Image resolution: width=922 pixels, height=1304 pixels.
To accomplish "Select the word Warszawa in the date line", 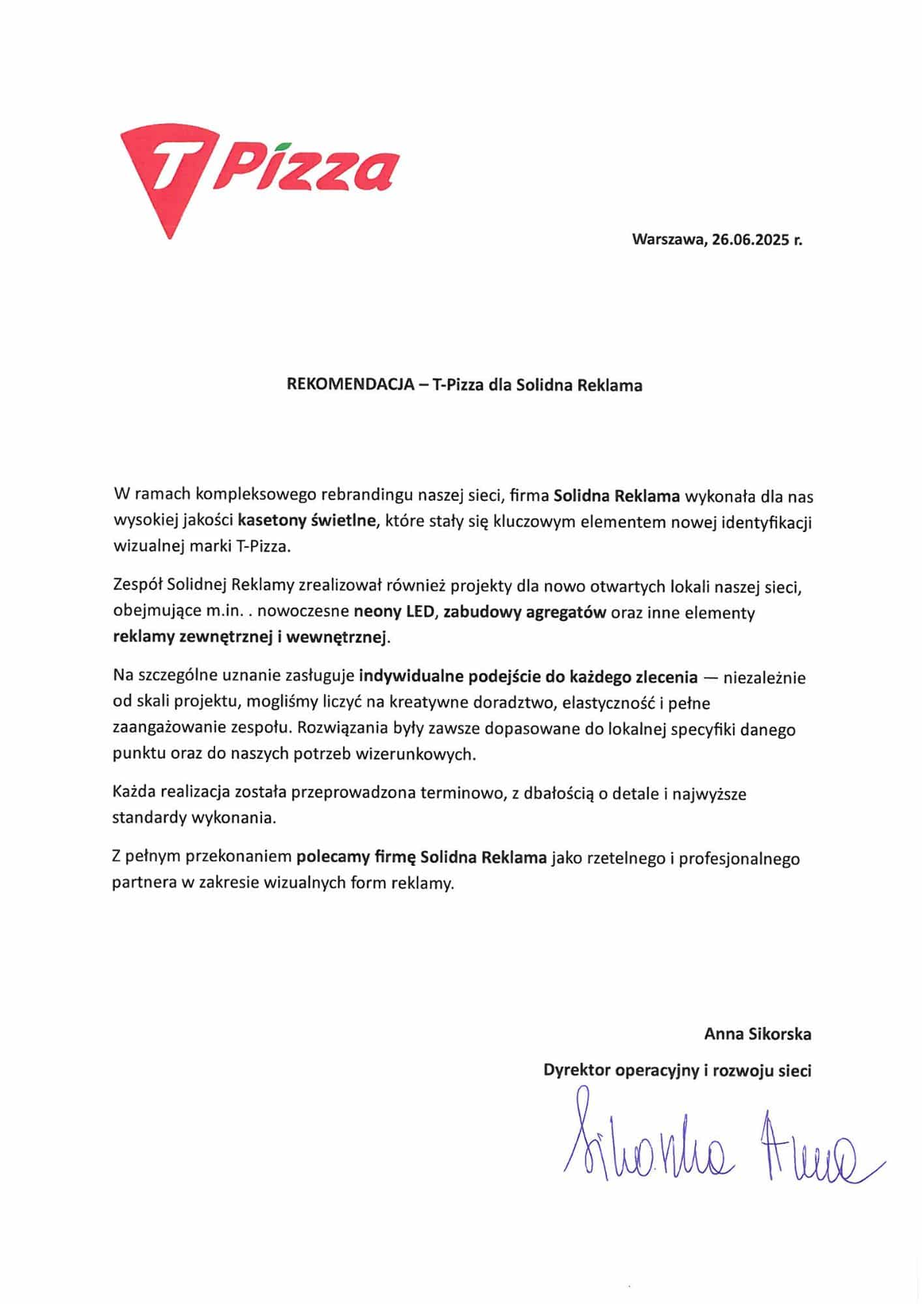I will [669, 240].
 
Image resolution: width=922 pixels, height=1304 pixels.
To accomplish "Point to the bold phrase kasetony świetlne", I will [307, 521].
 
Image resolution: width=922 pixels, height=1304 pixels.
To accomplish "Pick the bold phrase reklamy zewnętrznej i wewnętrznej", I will [250, 637].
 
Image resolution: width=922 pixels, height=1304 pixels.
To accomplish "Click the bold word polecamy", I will [333, 857].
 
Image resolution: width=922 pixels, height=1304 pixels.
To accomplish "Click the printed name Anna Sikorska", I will [758, 1034].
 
